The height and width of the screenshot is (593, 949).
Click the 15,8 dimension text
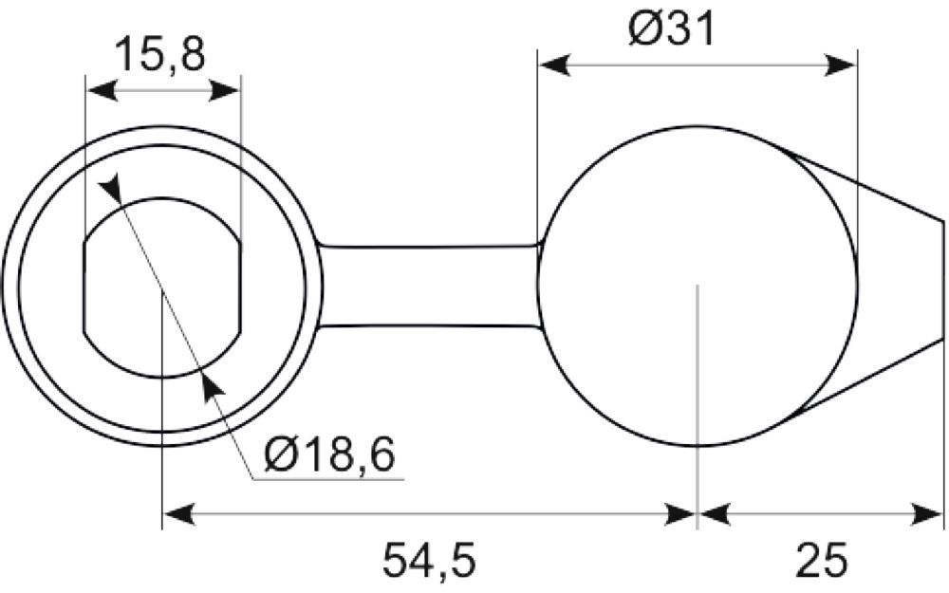pos(160,54)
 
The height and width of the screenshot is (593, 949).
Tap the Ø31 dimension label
pos(672,28)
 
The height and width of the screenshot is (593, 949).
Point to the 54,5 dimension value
pos(429,561)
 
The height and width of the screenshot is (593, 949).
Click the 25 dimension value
pos(822,561)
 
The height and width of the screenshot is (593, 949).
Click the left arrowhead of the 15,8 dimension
pos(102,92)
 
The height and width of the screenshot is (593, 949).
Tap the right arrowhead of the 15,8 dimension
pos(225,92)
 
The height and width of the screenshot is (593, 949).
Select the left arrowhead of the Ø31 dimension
pos(554,65)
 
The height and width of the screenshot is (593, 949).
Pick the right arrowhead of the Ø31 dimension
pos(841,65)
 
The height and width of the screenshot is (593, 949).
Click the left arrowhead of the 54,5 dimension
pos(179,515)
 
